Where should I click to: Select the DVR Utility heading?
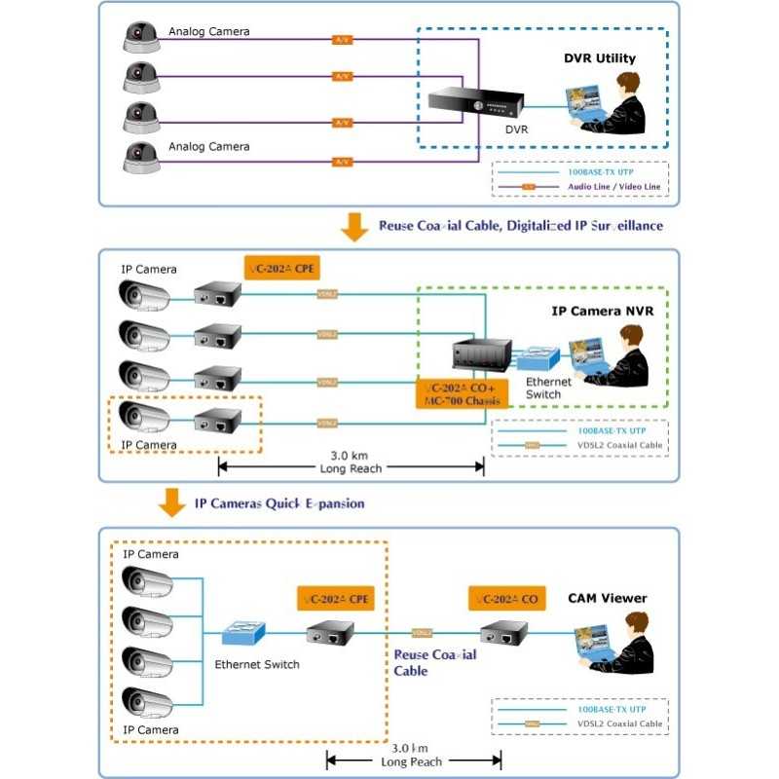[x=599, y=59]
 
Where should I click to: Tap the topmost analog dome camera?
[x=141, y=38]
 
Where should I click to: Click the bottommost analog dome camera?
[x=141, y=155]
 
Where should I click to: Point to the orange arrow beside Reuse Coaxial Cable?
[x=352, y=227]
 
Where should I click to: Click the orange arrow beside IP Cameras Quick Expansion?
[x=172, y=502]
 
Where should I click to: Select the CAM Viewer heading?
[x=607, y=598]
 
